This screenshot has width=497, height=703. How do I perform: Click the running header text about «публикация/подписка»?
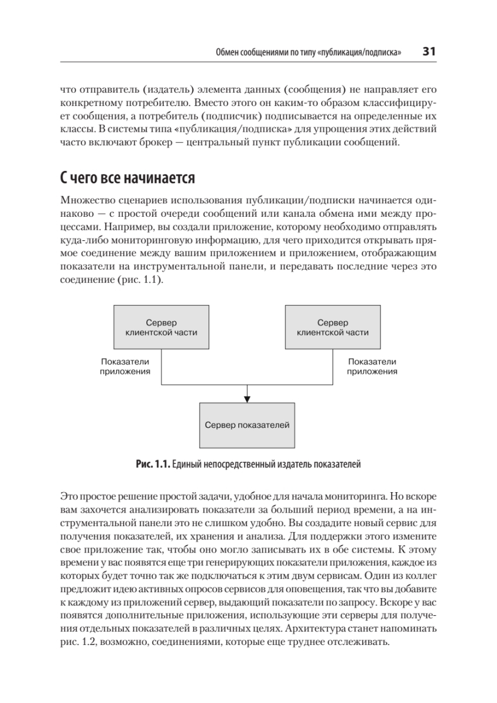[x=309, y=53]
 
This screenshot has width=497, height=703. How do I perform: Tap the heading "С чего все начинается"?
[x=128, y=176]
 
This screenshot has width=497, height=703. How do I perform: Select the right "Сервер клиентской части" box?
[x=333, y=327]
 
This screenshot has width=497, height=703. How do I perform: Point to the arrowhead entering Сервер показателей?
[x=247, y=399]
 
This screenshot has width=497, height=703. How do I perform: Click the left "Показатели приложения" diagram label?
[x=125, y=366]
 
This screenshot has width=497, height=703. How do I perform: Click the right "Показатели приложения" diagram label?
[x=372, y=366]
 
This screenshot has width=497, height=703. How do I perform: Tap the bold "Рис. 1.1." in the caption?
[x=153, y=465]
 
